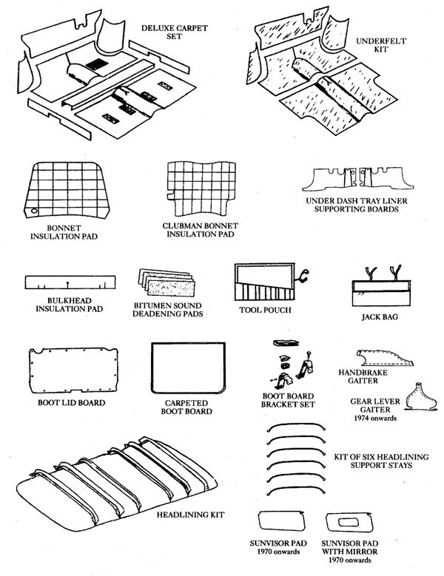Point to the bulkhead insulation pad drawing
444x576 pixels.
[70, 283]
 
